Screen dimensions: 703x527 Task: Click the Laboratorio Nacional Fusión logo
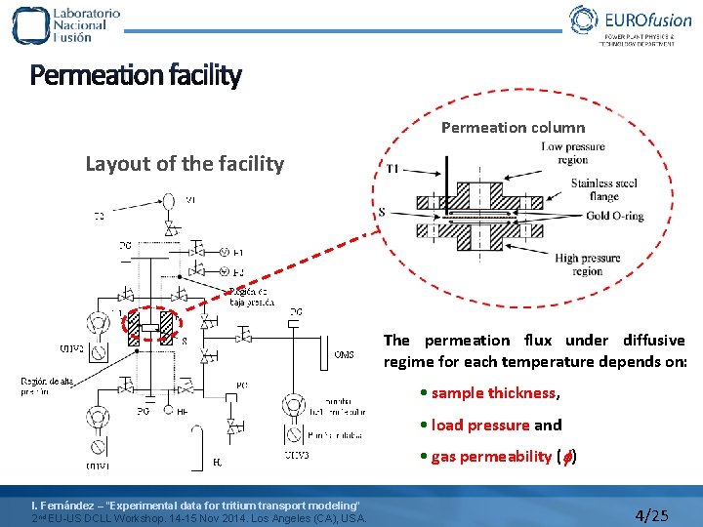coord(66,24)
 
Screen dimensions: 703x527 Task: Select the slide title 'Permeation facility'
coord(136,75)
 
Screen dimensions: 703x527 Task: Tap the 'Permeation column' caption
coord(513,127)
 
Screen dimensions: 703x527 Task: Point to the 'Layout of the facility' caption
coord(185,163)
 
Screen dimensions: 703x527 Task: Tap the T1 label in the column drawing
coord(393,169)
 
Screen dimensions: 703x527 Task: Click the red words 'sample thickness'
coord(493,393)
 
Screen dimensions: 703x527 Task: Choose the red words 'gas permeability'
coord(491,457)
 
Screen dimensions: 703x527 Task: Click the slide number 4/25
coord(651,514)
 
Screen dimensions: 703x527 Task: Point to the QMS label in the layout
coord(344,354)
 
